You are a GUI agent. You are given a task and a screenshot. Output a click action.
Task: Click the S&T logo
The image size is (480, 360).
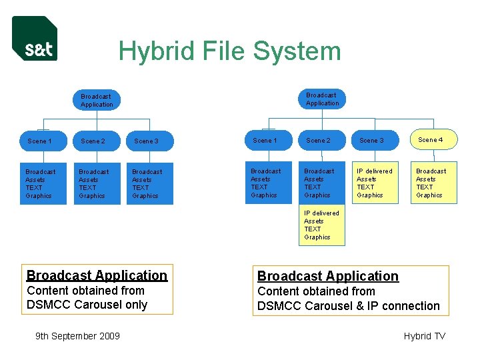click(x=35, y=39)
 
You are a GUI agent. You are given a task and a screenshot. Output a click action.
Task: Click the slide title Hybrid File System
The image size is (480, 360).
click(x=229, y=51)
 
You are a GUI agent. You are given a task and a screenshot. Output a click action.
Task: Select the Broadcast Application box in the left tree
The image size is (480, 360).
click(x=97, y=101)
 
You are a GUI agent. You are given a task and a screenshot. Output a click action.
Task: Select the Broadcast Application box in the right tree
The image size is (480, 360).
click(x=322, y=99)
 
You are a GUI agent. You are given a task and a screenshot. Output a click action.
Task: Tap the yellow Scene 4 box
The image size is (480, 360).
click(x=430, y=140)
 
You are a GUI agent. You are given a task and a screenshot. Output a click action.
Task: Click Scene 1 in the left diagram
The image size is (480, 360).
click(x=41, y=141)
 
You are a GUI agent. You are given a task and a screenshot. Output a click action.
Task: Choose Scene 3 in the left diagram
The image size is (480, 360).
click(x=148, y=141)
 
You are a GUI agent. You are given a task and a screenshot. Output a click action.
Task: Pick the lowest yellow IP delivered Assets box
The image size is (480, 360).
click(x=322, y=225)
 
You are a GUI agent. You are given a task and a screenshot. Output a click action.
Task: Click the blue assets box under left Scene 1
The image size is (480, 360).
click(x=43, y=183)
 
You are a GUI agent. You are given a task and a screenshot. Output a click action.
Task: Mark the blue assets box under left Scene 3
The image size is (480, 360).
click(x=149, y=183)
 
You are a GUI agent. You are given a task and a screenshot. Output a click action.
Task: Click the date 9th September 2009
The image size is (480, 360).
click(x=77, y=336)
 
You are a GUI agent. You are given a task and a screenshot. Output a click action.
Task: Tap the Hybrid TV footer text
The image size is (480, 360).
click(x=424, y=336)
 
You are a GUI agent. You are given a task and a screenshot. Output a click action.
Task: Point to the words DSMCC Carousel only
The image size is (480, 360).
click(x=87, y=305)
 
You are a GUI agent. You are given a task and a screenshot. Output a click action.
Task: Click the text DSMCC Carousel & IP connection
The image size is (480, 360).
click(x=348, y=306)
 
